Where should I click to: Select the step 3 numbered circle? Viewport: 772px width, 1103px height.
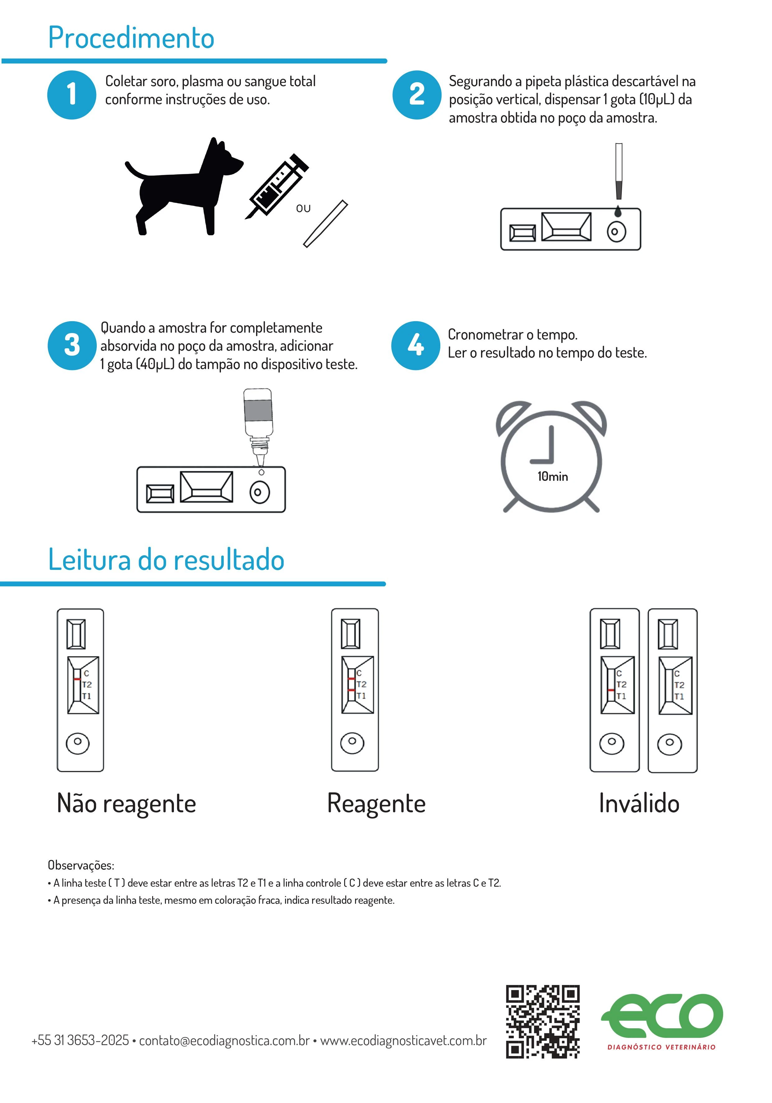[72, 345]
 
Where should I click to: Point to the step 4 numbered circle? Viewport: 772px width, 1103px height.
[415, 345]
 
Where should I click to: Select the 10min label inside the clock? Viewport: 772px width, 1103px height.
[552, 476]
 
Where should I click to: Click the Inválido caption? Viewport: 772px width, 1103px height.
[639, 803]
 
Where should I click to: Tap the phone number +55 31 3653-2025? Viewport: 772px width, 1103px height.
[80, 1040]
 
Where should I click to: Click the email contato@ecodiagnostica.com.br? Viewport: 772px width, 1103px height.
[224, 1040]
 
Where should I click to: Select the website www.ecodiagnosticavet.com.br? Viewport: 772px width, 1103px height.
[404, 1040]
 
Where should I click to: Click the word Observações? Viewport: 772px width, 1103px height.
[81, 865]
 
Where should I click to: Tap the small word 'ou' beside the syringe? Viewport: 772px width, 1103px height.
[303, 209]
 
